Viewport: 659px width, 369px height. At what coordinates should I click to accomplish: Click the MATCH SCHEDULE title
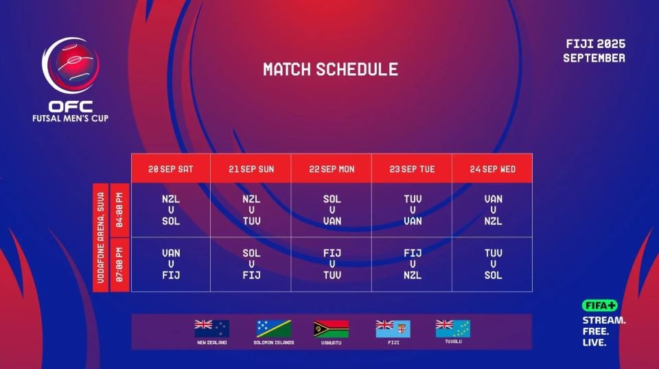330,69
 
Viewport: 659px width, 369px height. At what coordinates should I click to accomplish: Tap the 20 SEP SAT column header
171,169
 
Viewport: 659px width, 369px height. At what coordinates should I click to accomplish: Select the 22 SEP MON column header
332,169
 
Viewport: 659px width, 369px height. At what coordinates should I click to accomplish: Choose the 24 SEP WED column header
492,169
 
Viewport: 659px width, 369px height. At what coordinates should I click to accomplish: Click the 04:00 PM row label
119,210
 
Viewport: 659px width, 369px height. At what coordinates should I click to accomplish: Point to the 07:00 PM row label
119,265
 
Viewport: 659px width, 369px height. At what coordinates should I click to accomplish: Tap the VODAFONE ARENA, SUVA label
101,237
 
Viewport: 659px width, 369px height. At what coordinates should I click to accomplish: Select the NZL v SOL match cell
171,210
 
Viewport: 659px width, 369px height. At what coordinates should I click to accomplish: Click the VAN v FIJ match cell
171,264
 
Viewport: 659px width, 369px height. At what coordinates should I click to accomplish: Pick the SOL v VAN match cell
332,210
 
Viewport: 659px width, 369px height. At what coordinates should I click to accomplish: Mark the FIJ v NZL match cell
413,264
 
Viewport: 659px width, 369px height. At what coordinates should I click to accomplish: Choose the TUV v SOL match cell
493,264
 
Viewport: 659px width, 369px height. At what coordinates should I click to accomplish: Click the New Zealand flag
212,329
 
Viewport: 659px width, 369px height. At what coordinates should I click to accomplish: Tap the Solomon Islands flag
274,329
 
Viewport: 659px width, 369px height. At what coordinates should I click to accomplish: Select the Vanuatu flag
331,329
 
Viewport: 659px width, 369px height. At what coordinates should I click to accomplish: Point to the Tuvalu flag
453,329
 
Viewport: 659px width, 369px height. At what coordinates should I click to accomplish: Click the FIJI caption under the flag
393,342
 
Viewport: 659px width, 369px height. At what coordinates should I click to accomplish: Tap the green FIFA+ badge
600,306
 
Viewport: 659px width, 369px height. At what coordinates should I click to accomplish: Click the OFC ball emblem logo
71,65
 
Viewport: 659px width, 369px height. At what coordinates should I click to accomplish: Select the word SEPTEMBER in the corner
594,58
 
